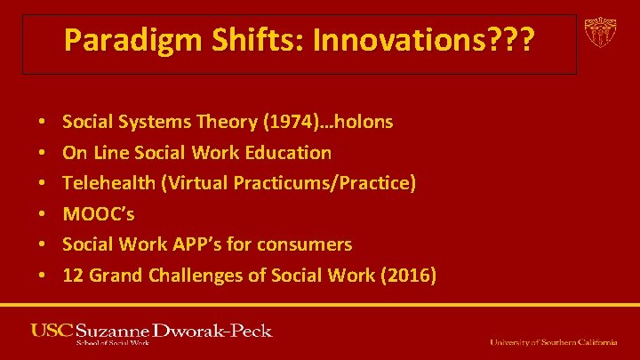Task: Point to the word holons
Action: [x=361, y=122]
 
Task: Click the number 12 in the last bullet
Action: [x=72, y=276]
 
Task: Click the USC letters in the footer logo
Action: [x=52, y=331]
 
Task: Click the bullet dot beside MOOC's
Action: [x=43, y=214]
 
